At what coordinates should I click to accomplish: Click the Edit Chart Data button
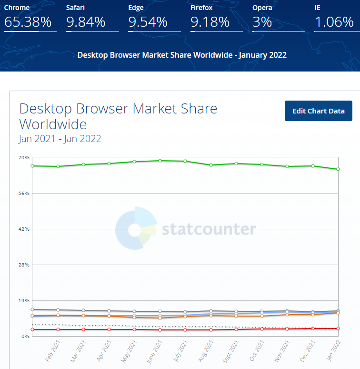click(318, 111)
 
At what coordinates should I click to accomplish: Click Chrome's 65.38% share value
click(28, 22)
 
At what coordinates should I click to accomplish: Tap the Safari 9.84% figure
click(86, 22)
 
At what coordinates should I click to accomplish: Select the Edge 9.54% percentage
click(148, 22)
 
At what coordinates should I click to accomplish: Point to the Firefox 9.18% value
click(210, 22)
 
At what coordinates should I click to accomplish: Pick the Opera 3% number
click(262, 22)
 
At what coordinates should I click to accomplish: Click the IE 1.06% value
click(334, 22)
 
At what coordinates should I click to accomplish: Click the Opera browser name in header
click(262, 8)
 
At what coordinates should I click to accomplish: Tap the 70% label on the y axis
click(24, 157)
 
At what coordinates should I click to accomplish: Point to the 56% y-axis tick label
click(24, 193)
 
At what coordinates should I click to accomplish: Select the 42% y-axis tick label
click(24, 229)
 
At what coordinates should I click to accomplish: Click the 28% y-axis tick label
click(24, 265)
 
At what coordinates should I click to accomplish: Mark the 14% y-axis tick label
click(24, 300)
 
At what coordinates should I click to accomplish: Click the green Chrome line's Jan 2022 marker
click(338, 169)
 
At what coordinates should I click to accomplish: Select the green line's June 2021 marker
click(160, 161)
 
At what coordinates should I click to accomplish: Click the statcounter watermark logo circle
click(135, 228)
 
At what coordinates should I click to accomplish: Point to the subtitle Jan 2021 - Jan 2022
click(60, 139)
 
